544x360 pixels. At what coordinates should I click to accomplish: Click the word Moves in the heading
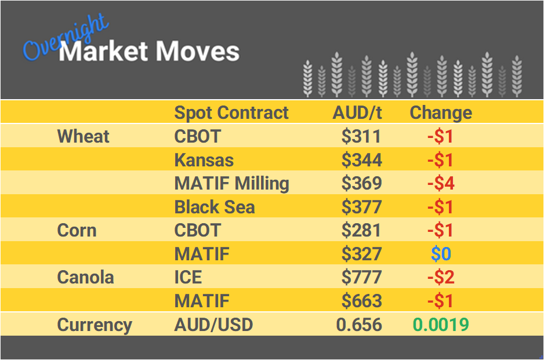tap(197, 52)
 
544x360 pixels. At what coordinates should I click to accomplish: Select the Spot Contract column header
tap(231, 112)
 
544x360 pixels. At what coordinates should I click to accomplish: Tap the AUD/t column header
tap(357, 112)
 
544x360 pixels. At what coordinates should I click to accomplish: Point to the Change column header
tap(441, 112)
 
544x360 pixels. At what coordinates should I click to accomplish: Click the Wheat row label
tap(83, 137)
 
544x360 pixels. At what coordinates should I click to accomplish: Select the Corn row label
tap(77, 230)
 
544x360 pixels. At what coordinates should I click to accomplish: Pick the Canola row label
tap(86, 277)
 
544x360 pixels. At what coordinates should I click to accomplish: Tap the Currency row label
tap(95, 325)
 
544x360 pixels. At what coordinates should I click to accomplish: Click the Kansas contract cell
tap(204, 160)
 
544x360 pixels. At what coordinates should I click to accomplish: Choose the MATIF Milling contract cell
tap(231, 184)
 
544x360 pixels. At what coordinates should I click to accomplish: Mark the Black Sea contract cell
tap(215, 207)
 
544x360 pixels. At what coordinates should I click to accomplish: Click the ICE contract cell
tap(188, 277)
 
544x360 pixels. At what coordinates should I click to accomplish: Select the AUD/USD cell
tap(213, 325)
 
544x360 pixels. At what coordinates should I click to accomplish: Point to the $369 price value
tap(361, 184)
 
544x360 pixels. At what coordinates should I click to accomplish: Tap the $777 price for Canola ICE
tap(361, 277)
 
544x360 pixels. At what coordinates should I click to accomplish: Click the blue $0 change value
tap(441, 254)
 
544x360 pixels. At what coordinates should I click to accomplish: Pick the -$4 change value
tap(441, 184)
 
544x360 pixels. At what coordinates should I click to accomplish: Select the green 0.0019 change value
tap(441, 325)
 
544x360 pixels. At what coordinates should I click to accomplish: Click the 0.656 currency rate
tap(359, 325)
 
